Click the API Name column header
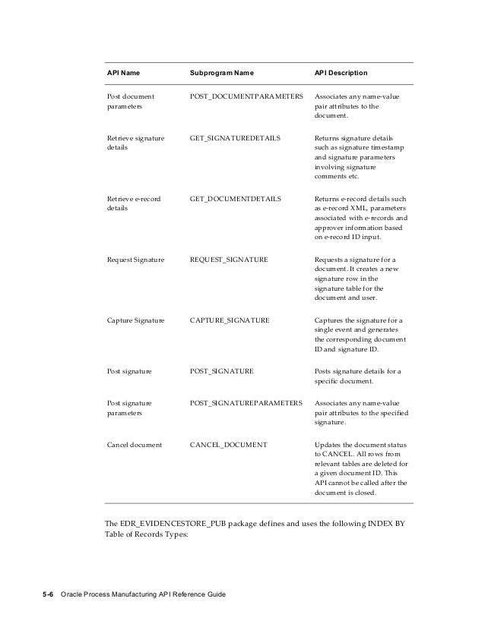[123, 74]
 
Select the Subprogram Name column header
[221, 74]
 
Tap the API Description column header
[341, 74]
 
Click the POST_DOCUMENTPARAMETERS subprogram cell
[246, 97]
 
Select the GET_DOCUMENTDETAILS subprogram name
[235, 199]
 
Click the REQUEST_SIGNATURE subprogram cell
[228, 260]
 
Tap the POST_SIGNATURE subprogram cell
[221, 370]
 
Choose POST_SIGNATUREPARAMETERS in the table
[246, 402]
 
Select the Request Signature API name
[135, 260]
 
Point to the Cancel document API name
[134, 443]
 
